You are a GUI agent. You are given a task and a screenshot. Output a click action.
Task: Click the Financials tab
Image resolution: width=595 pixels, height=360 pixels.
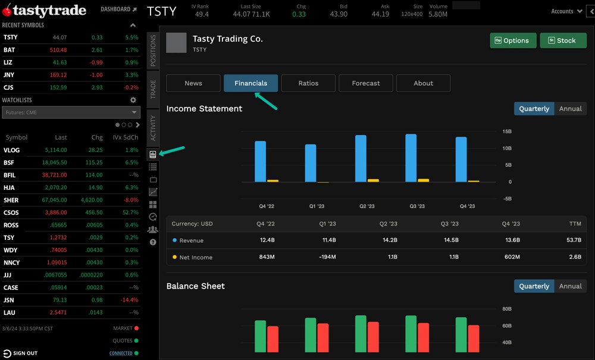pos(250,83)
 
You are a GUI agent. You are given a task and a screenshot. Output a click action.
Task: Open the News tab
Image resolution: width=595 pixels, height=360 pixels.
pos(193,83)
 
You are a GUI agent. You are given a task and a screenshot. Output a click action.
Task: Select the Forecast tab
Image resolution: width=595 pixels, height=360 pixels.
pos(366,83)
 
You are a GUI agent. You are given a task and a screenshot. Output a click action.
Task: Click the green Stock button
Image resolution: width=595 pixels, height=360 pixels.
pos(563,40)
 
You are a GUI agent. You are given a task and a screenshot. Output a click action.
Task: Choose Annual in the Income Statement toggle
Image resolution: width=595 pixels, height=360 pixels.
pos(570,109)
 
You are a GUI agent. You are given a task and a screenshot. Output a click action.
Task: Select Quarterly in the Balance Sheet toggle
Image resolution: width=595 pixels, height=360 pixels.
pos(534,286)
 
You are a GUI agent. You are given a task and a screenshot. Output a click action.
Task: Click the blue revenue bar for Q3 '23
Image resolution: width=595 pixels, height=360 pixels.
pos(411,158)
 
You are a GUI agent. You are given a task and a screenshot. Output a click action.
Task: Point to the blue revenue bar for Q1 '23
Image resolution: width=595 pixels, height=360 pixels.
pos(311,163)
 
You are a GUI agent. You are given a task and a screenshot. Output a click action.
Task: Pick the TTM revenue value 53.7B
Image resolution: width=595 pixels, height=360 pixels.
pos(574,240)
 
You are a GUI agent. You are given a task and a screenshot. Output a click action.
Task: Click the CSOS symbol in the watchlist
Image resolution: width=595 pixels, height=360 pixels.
pos(11,212)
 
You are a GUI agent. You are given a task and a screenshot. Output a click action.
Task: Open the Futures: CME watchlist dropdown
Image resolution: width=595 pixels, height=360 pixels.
pos(71,112)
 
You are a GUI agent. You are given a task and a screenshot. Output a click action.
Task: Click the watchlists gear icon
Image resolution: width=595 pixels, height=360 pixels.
pos(133,100)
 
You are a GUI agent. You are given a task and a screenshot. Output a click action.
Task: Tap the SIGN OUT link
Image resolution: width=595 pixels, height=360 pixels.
pos(25,353)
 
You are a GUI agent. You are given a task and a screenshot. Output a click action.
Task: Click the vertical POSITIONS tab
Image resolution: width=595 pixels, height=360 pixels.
pos(153,51)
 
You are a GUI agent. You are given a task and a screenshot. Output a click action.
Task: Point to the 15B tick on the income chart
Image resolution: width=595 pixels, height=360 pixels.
pos(507,132)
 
